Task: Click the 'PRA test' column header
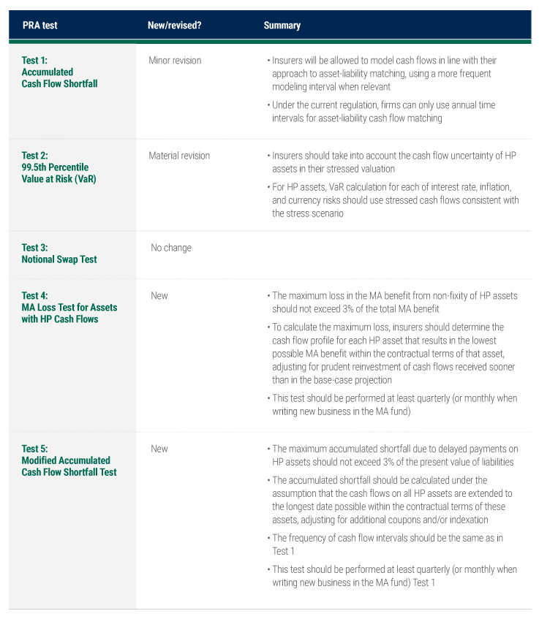tap(39, 26)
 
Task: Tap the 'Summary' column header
tap(282, 26)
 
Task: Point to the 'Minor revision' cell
tap(175, 61)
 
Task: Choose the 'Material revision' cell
tap(179, 156)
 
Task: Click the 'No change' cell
tap(170, 248)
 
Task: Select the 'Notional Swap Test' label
tap(59, 259)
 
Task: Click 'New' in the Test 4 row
tap(159, 296)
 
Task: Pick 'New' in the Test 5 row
tap(159, 449)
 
